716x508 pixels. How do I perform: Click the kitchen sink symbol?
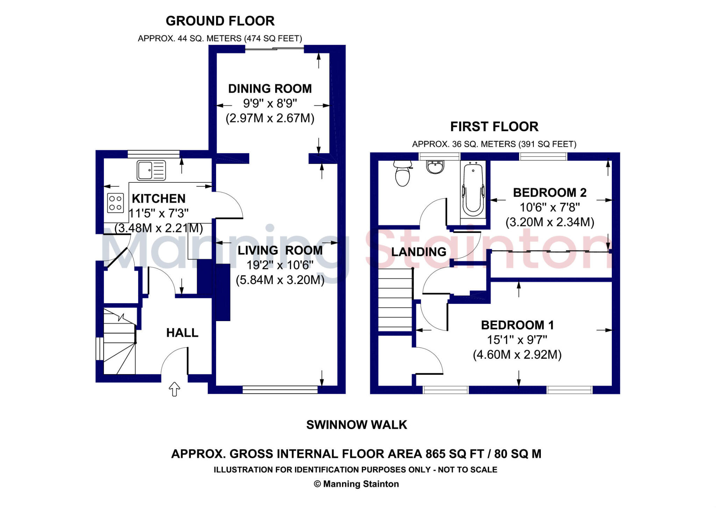point(151,170)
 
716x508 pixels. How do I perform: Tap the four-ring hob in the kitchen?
point(115,203)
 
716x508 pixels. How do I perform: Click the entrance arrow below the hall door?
point(174,389)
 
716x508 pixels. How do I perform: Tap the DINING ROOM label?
point(270,89)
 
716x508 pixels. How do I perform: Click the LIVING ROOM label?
point(280,251)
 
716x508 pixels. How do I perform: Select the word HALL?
point(182,333)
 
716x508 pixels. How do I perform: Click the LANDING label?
point(418,252)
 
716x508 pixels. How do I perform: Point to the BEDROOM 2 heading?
point(550,193)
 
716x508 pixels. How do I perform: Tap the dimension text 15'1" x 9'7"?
point(517,340)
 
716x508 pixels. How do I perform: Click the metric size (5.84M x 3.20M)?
point(280,280)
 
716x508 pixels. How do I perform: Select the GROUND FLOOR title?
point(220,21)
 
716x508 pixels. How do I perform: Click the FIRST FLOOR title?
point(494,126)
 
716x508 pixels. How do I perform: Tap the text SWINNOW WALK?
point(357,424)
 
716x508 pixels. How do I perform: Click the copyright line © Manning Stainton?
point(356,484)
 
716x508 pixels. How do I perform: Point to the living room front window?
point(280,390)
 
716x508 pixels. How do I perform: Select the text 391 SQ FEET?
point(547,144)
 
